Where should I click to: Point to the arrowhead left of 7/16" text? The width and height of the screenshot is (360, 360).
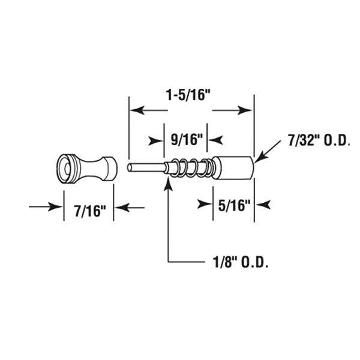tap(57, 208)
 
